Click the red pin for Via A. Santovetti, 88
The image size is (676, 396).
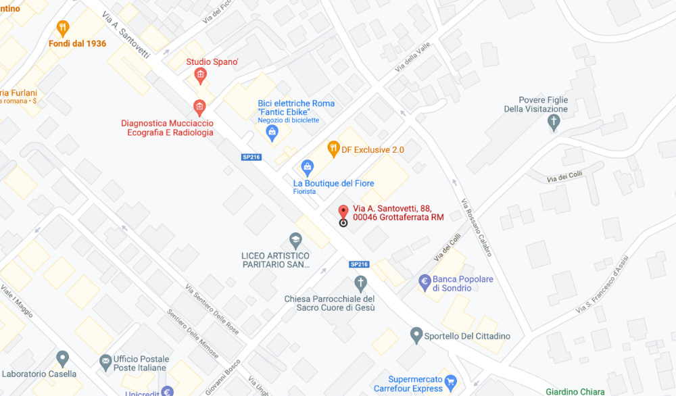coord(343,212)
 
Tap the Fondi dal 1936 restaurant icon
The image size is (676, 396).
coord(63,28)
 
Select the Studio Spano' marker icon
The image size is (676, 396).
coord(199,75)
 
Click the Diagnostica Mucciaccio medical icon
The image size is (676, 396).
coord(199,107)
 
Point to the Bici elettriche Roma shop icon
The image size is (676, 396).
coord(272,131)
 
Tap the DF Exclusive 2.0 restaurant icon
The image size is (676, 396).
coord(333,148)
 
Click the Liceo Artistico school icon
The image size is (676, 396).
coord(295,240)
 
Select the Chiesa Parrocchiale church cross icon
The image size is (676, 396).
coord(361,282)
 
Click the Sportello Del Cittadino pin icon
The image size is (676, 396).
coord(417,335)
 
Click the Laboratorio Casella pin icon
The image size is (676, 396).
coord(63,358)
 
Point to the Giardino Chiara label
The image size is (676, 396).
coord(575,391)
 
